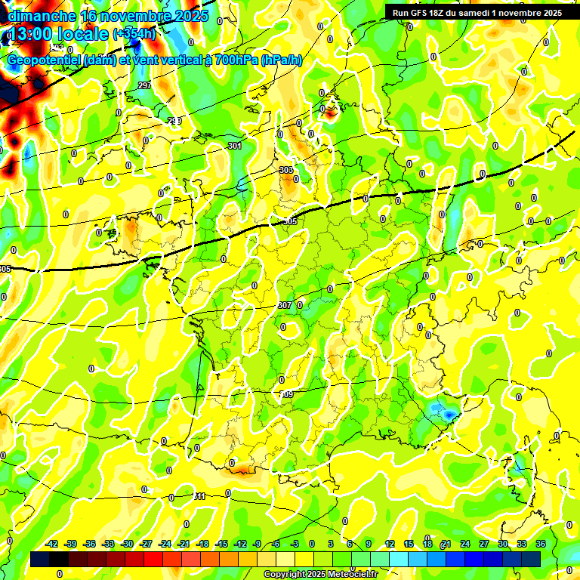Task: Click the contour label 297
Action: point(145,85)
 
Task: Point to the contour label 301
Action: point(234,146)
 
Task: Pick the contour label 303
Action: point(285,170)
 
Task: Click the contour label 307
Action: point(284,305)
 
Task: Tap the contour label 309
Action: point(287,394)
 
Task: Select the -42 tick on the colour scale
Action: point(52,544)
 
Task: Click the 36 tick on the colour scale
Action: point(541,544)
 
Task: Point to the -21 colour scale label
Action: point(184,544)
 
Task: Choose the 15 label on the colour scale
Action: point(409,544)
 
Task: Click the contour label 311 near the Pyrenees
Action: point(199,496)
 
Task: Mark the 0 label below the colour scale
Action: point(59,573)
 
